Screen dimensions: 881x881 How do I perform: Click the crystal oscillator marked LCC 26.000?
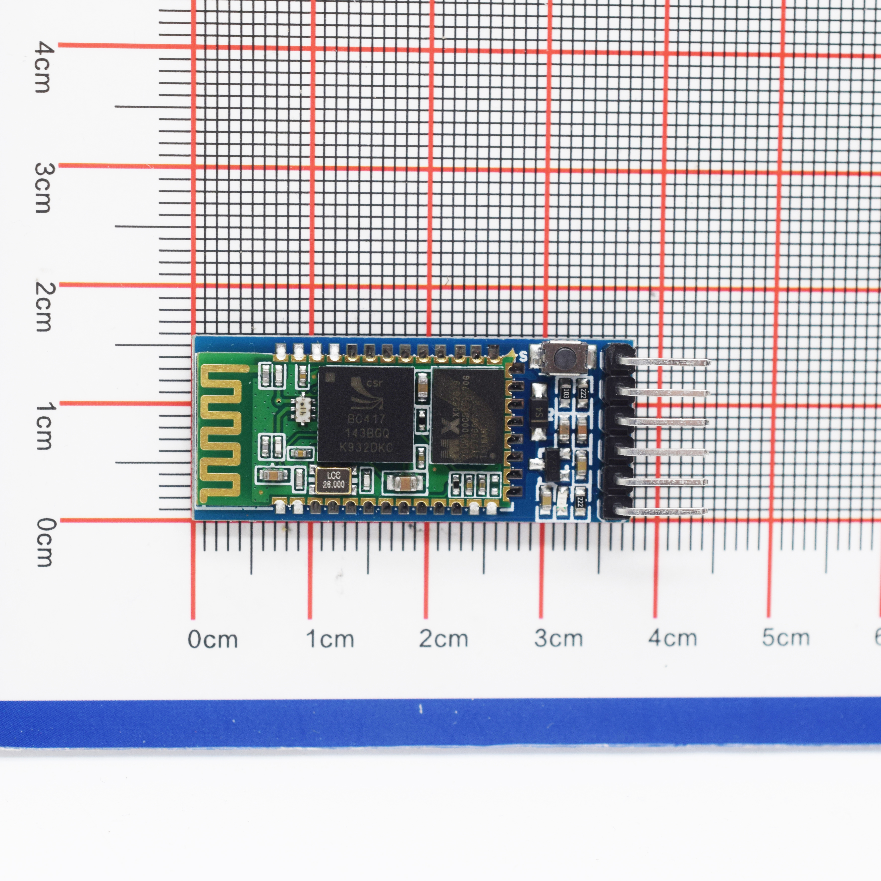pos(333,481)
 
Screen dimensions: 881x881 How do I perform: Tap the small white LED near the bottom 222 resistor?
pos(562,502)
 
